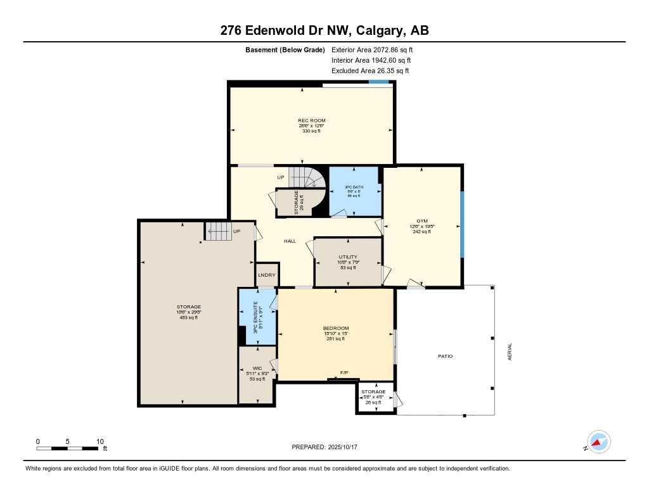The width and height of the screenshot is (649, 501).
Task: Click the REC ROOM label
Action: click(x=312, y=120)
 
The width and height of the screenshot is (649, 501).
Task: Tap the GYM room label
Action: click(x=421, y=221)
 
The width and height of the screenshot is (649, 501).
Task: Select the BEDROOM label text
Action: click(x=336, y=328)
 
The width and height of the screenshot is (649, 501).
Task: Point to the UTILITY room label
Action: click(x=348, y=257)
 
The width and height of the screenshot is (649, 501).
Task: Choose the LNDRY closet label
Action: click(x=267, y=275)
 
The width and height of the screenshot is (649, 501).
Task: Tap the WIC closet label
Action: click(x=257, y=368)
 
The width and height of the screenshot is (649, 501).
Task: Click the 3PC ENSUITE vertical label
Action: click(x=255, y=320)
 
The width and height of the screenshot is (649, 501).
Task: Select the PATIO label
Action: click(x=445, y=356)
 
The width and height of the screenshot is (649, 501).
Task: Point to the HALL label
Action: click(x=290, y=241)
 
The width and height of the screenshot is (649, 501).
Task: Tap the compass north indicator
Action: click(x=598, y=441)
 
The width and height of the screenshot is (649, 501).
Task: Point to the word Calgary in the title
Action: click(x=382, y=30)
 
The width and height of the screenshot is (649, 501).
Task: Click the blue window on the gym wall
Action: click(x=462, y=224)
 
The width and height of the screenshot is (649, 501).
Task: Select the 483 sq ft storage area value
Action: click(x=189, y=317)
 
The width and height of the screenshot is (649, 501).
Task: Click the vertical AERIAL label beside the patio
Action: click(x=509, y=352)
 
